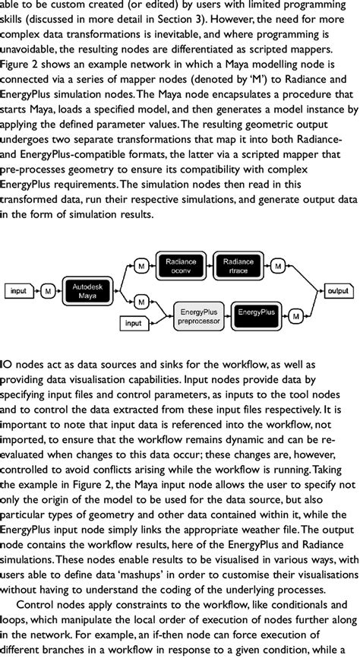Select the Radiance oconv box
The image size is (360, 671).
[x=180, y=267]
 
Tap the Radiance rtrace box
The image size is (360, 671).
[x=239, y=267]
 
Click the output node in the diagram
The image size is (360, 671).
[x=337, y=290]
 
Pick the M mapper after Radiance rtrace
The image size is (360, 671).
[x=279, y=267]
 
